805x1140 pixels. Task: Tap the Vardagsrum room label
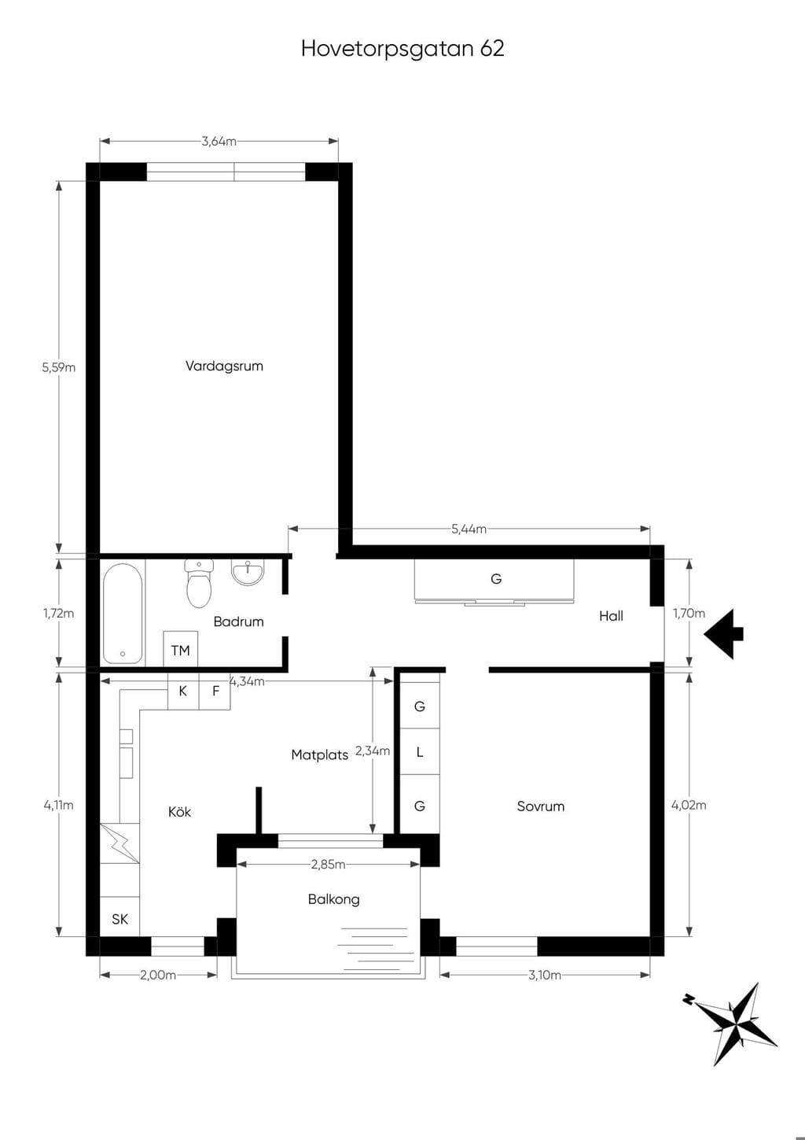click(224, 367)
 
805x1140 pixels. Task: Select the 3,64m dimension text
click(219, 142)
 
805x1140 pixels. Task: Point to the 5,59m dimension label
click(58, 367)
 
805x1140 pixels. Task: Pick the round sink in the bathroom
click(248, 573)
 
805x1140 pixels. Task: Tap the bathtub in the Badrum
click(123, 613)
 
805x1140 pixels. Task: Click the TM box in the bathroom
click(181, 649)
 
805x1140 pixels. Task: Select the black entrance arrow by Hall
click(724, 634)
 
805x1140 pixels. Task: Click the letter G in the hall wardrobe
click(496, 578)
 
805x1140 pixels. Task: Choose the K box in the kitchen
click(183, 691)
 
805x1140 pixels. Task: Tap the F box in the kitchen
click(215, 691)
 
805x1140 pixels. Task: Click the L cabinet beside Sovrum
click(420, 751)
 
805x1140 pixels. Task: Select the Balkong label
click(333, 899)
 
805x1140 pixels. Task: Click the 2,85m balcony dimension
click(328, 864)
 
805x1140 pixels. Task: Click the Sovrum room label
click(541, 806)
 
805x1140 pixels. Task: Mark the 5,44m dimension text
click(469, 529)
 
